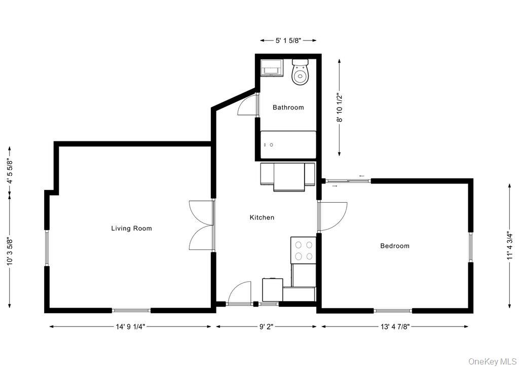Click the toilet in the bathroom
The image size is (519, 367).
coord(300,72)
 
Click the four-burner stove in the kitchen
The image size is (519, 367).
coord(303,250)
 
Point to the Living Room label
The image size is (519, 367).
coord(131,229)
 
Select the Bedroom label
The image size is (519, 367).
coord(395,246)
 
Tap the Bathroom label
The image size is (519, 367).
coord(288,107)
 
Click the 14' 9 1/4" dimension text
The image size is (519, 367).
coord(130,327)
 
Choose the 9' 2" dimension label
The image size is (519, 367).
coord(267,327)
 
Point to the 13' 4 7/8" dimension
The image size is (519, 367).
coord(395,327)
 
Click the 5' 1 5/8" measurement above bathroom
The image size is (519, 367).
coord(288,40)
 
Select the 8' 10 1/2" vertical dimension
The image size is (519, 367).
coord(340,107)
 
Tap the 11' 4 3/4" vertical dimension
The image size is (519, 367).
coord(509,246)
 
